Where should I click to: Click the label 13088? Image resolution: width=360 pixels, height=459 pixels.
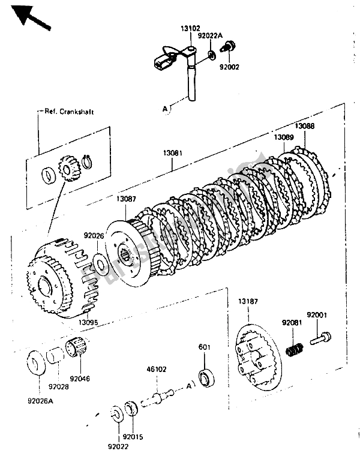pyautogui.click(x=305, y=127)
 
